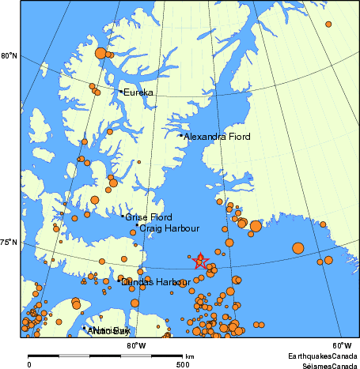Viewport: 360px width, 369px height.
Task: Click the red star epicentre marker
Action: point(200,261)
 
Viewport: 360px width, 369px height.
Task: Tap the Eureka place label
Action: point(138,92)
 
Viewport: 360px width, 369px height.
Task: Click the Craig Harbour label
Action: point(169,228)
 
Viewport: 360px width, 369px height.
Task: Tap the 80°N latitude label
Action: point(9,55)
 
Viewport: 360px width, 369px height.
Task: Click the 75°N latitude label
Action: point(9,243)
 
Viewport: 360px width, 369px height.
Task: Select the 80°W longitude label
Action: point(136,345)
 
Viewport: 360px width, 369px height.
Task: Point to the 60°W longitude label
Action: point(341,345)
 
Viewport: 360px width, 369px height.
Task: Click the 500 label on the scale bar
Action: point(183,364)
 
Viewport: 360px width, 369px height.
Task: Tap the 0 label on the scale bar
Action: point(29,364)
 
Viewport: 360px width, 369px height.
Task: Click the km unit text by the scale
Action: point(189,356)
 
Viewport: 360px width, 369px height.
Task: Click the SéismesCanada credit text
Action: point(326,365)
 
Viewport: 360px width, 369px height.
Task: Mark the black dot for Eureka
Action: point(120,92)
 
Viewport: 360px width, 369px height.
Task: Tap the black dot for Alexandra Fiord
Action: point(181,135)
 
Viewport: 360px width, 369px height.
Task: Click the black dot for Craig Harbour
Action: point(136,226)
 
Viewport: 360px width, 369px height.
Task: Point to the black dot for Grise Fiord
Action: point(123,216)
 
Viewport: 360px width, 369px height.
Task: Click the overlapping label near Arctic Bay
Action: point(108,330)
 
